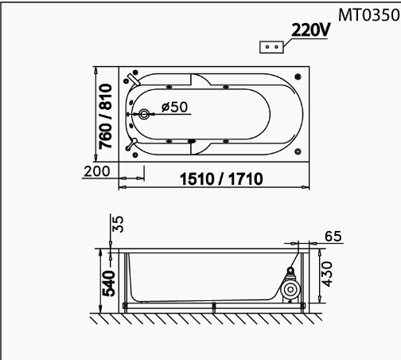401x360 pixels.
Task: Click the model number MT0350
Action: pyautogui.click(x=369, y=15)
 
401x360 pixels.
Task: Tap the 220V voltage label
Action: pyautogui.click(x=311, y=30)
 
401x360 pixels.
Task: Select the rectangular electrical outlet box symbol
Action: pyautogui.click(x=271, y=47)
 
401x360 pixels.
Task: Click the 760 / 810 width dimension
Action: pyautogui.click(x=106, y=116)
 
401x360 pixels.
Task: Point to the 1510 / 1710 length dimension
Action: pyautogui.click(x=221, y=179)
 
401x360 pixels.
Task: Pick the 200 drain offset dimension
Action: pyautogui.click(x=97, y=171)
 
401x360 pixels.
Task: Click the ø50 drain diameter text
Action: pyautogui.click(x=174, y=107)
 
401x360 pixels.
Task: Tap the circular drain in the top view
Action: pyautogui.click(x=144, y=115)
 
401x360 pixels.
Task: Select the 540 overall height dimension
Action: pyautogui.click(x=109, y=284)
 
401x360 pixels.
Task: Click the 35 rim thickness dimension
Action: pyautogui.click(x=118, y=225)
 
